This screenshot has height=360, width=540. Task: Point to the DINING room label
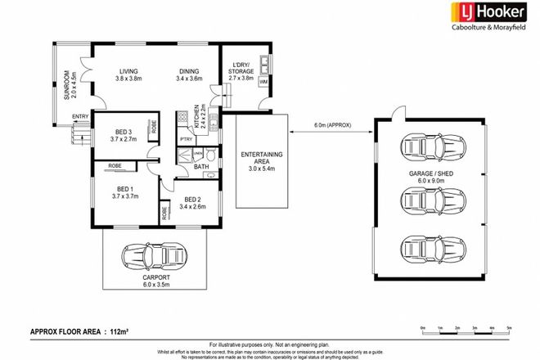coord(190,71)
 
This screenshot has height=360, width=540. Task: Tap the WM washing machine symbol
coord(263,83)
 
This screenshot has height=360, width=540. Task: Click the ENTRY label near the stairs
coord(79,117)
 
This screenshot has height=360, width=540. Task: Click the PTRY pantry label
coord(186,140)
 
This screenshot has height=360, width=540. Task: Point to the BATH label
coord(201,168)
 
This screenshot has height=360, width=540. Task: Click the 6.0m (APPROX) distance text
coord(331,125)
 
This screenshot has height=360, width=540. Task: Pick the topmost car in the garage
coord(427,149)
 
